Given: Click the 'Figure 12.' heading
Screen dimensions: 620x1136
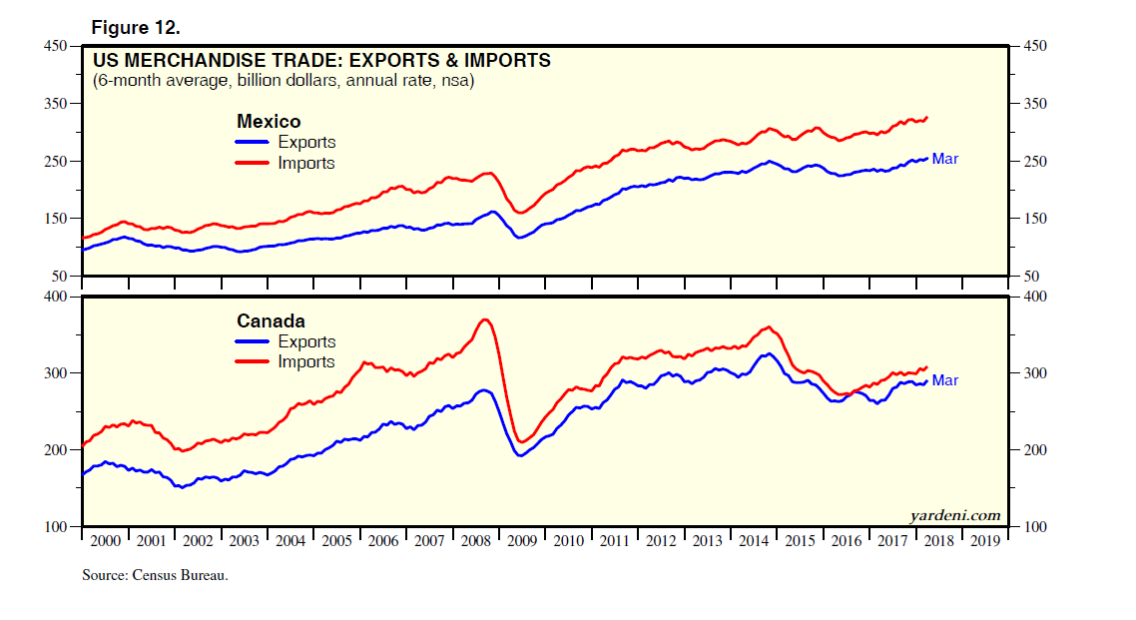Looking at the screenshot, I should [x=136, y=26].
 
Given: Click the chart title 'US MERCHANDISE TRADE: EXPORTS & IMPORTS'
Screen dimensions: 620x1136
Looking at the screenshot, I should [x=321, y=61].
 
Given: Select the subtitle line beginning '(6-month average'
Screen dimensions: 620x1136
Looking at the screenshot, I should [x=284, y=81].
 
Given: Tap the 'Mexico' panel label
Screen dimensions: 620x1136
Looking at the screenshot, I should [x=269, y=122].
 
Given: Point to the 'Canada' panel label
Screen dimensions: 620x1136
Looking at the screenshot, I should [x=271, y=321].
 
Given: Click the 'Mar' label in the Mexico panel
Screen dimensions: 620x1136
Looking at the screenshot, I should [x=944, y=159].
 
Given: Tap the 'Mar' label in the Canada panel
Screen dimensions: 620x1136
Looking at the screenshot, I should [x=944, y=380].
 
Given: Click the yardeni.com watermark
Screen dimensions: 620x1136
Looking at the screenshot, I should [x=955, y=515].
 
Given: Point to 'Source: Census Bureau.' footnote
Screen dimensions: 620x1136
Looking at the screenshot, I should [x=149, y=576].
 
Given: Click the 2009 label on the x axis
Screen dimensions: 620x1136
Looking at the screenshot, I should [x=522, y=540].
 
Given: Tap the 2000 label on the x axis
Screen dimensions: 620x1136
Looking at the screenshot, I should [x=105, y=540].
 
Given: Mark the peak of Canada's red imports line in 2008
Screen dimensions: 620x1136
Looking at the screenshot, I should [x=485, y=319].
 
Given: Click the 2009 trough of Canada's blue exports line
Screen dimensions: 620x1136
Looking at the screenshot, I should [x=521, y=455].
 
